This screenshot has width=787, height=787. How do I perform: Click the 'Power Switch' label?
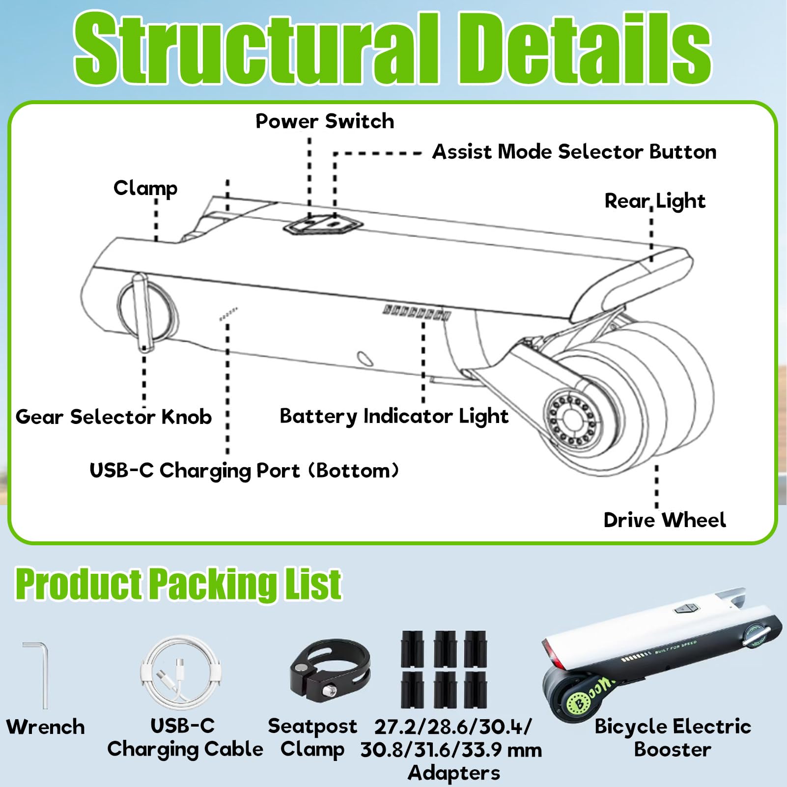325,121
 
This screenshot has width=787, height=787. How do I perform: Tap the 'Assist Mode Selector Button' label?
574,152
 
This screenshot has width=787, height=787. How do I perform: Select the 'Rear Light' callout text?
655,201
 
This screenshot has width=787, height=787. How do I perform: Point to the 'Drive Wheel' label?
665,520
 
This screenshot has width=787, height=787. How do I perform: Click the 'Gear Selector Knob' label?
113,417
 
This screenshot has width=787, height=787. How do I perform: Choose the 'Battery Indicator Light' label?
394,417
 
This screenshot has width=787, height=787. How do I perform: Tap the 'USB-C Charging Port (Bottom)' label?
244,471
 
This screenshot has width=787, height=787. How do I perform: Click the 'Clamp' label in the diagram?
145,189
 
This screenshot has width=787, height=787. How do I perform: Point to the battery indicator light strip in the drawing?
417,312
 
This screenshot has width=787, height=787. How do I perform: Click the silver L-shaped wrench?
37,675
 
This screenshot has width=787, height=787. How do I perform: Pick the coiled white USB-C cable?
181,673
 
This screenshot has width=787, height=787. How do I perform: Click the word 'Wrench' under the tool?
46,727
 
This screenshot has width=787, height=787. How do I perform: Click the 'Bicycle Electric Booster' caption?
673,738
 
